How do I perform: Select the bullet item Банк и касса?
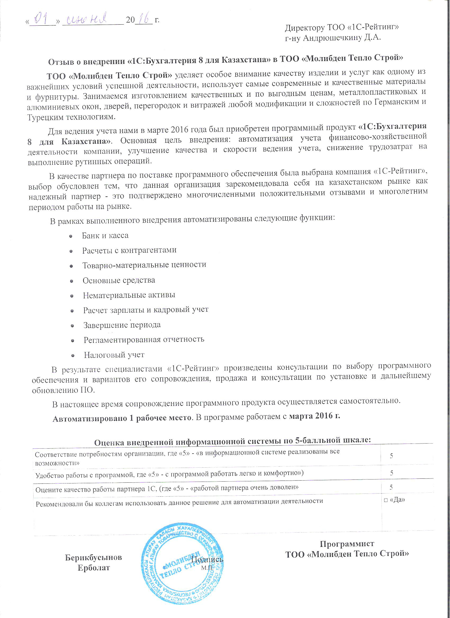pyautogui.click(x=105, y=236)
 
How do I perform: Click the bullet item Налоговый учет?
pyautogui.click(x=114, y=355)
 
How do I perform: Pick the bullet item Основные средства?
pyautogui.click(x=119, y=280)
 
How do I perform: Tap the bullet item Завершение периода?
pyautogui.click(x=122, y=325)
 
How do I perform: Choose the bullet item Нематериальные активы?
pyautogui.click(x=129, y=295)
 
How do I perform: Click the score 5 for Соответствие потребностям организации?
pyautogui.click(x=391, y=456)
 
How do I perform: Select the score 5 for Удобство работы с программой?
pyautogui.click(x=391, y=473)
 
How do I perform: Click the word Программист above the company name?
pyautogui.click(x=347, y=544)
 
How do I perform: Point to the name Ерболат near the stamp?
pyautogui.click(x=94, y=568)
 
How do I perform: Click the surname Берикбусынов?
pyautogui.click(x=94, y=557)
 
